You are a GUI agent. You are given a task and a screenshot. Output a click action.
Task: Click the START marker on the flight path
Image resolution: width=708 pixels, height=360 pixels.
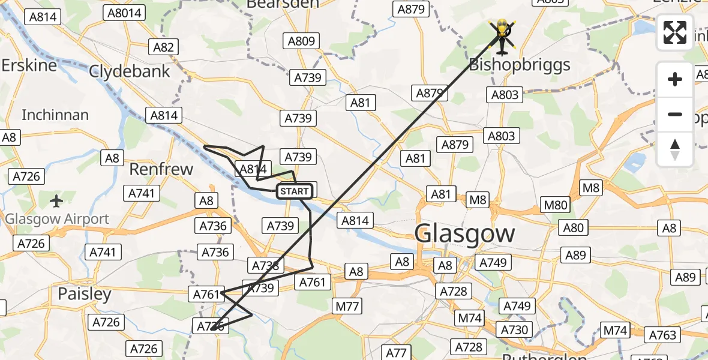pos(294,191)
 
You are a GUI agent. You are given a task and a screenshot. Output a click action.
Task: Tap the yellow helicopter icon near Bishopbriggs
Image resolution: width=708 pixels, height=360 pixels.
pos(502,35)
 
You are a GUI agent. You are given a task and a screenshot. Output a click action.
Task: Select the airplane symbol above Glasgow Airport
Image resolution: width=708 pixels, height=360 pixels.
pos(57,201)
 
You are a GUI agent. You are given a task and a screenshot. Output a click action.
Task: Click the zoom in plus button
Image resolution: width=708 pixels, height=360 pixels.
pos(675,79)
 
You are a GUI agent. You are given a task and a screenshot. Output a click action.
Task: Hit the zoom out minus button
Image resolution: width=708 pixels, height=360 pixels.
pos(675,114)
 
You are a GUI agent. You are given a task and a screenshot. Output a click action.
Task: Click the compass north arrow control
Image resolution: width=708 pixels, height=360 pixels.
pos(675,149)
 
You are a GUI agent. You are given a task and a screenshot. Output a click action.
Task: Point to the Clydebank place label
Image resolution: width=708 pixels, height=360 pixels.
pos(130,71)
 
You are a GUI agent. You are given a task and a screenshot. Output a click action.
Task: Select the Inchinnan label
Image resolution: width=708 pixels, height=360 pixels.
pos(55,115)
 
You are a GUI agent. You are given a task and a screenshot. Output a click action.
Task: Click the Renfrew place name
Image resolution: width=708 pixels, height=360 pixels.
pos(161,169)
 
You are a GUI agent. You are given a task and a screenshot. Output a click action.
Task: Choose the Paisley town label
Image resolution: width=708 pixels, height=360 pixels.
pos(85,294)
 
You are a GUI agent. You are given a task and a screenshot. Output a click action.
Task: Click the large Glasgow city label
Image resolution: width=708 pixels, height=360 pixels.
pos(464,233)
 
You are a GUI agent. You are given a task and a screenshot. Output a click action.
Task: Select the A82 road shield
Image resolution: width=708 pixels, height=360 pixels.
pos(163,47)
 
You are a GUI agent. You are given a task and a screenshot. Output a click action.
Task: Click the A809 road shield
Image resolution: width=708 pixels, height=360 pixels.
pos(301,41)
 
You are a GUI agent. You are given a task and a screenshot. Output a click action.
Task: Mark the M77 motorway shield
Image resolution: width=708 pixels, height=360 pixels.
pos(347,307)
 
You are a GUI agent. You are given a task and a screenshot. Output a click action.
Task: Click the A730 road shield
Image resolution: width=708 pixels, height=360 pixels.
pos(514,329)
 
